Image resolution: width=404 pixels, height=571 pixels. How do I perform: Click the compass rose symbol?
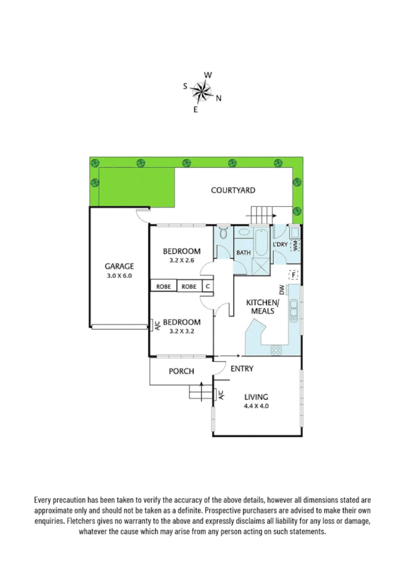point(201,90)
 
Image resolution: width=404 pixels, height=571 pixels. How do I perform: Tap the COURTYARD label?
point(233,191)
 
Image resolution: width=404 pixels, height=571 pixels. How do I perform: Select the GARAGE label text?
point(119,266)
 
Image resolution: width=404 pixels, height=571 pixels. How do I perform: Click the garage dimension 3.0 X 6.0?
point(119,275)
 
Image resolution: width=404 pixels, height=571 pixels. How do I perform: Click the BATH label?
point(242,253)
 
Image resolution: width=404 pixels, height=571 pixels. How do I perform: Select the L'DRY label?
point(281,245)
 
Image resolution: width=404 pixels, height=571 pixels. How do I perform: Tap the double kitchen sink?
point(293,311)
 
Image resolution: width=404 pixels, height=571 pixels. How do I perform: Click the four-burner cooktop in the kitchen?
point(276,349)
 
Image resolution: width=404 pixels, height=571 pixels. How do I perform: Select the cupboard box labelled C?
point(208,287)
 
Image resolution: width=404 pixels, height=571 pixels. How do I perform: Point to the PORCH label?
point(181,371)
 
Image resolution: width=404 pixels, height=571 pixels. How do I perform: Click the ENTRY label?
point(242,369)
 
